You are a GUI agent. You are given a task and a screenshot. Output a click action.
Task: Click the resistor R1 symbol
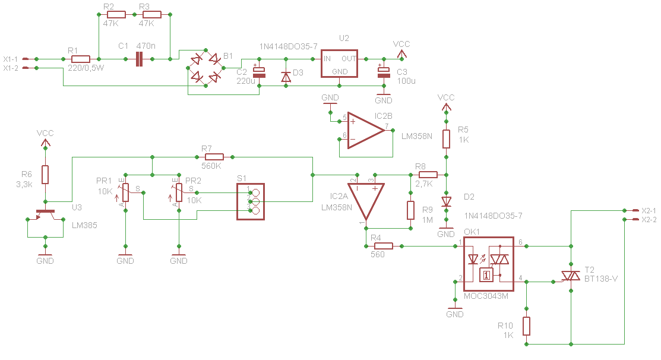coord(81,59)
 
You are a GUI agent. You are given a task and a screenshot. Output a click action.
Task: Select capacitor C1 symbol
coord(139,59)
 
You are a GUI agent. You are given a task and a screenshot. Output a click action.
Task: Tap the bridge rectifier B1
coord(205,68)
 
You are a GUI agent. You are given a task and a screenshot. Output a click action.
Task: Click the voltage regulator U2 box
coord(339,64)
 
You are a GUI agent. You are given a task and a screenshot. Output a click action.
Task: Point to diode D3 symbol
coord(286,77)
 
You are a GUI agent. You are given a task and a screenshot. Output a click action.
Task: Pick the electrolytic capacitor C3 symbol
coord(384,72)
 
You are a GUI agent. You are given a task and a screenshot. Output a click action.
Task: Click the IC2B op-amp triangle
coord(366,131)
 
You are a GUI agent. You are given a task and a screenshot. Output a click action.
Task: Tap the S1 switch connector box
coord(251,201)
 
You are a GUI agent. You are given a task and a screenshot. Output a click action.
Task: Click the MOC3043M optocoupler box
coord(489,264)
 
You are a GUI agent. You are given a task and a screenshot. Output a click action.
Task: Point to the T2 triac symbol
coord(571,276)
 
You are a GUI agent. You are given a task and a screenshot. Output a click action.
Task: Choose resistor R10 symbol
coord(527,326)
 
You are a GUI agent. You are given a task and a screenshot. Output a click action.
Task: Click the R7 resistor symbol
coord(214,157)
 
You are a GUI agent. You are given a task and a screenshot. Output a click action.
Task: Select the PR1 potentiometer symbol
coord(126,192)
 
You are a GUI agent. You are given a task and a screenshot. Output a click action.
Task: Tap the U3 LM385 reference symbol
coord(45,215)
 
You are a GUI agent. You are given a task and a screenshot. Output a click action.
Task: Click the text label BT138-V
coord(600,279)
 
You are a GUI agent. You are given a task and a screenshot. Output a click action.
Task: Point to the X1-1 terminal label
coord(11,59)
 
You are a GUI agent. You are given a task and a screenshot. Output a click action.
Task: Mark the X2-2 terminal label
coord(649,220)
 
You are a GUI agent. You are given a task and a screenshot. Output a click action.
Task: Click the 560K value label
coord(211,166)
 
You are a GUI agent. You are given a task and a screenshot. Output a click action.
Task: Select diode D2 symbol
coord(446,202)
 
